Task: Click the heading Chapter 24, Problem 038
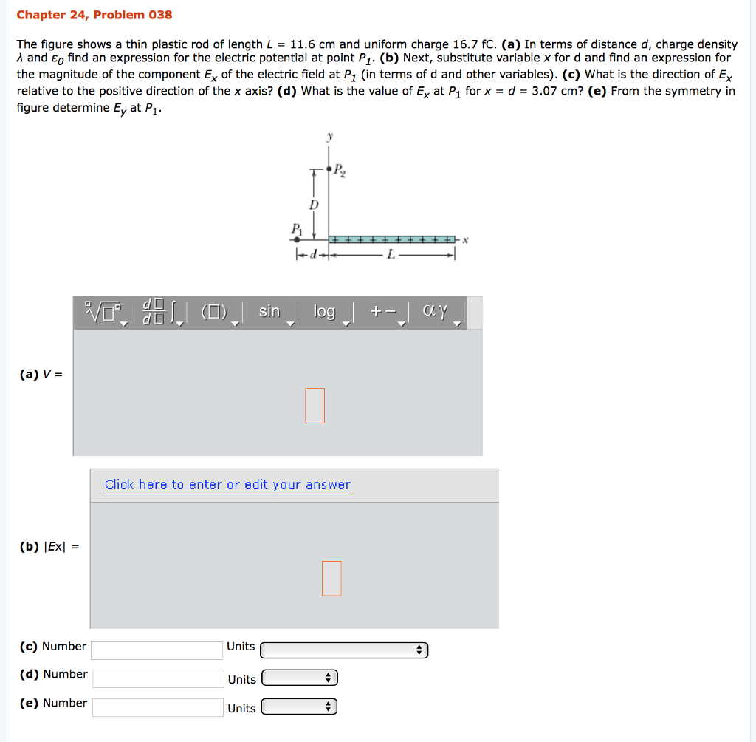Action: [94, 15]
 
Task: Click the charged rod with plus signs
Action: [392, 240]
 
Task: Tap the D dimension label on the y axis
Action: [314, 203]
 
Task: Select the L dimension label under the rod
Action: [392, 255]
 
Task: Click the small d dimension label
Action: [312, 255]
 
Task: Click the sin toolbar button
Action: [269, 312]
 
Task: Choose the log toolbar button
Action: [324, 312]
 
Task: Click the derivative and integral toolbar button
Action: [161, 312]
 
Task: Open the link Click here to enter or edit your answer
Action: [227, 485]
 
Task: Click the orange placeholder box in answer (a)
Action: [315, 406]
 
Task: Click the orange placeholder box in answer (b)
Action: [331, 578]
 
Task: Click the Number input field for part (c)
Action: [157, 650]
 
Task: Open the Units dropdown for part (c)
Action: [344, 650]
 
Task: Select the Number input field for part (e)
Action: [157, 707]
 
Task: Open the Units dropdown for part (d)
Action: [300, 678]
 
